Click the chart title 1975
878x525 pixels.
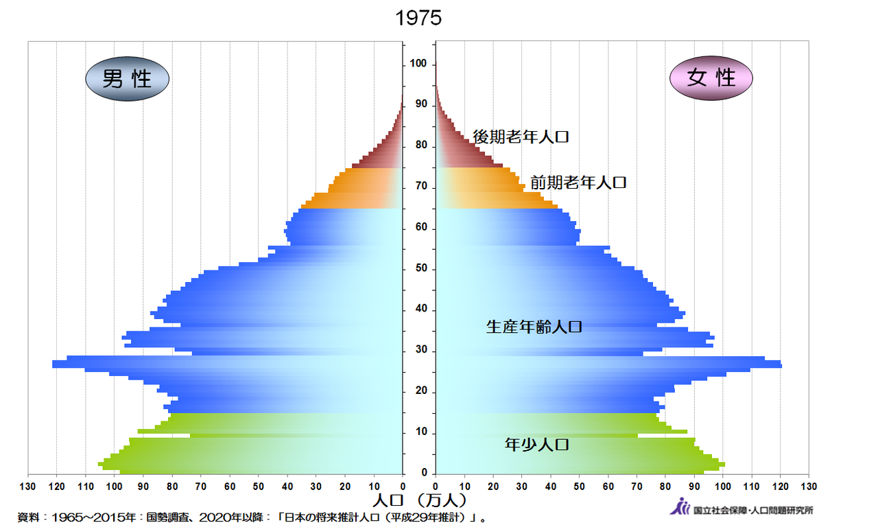(418, 19)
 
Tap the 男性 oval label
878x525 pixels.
(128, 79)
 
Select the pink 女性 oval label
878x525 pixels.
(711, 78)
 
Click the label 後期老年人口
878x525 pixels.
(521, 137)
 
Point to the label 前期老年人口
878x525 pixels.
(578, 183)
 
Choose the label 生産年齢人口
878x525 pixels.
(534, 327)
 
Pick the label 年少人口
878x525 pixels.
(537, 444)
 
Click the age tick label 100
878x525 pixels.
(418, 64)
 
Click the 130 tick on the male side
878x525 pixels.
(28, 486)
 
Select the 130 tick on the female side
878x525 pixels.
(809, 486)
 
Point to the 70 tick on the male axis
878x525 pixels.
(200, 486)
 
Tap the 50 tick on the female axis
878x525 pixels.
(580, 486)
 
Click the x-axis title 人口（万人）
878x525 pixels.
(420, 500)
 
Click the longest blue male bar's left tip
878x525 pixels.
(54, 364)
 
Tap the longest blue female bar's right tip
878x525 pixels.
(781, 364)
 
